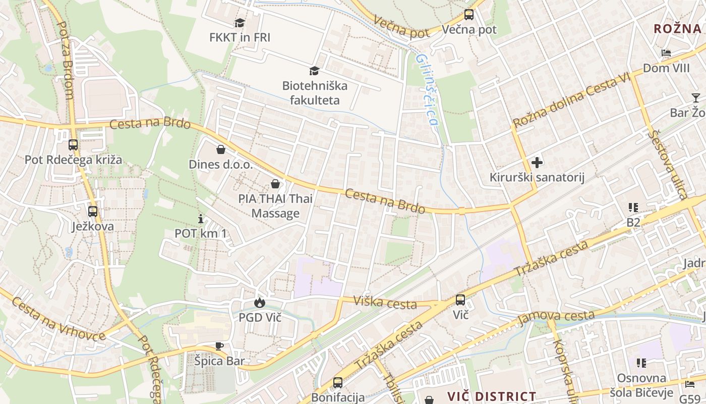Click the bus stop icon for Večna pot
click(x=469, y=15)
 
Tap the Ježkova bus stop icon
click(x=92, y=212)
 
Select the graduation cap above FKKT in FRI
click(x=240, y=23)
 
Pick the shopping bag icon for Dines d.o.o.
click(x=220, y=149)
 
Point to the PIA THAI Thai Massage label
click(x=275, y=206)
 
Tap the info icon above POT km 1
click(x=201, y=219)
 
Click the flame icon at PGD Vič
click(x=260, y=302)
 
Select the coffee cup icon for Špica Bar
click(x=219, y=346)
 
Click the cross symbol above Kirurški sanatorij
click(x=537, y=163)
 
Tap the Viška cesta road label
click(x=385, y=302)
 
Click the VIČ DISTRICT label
click(x=492, y=396)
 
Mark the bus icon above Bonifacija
click(x=337, y=382)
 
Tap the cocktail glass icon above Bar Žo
click(x=696, y=98)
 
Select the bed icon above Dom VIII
click(x=666, y=54)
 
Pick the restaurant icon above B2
click(x=633, y=208)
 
